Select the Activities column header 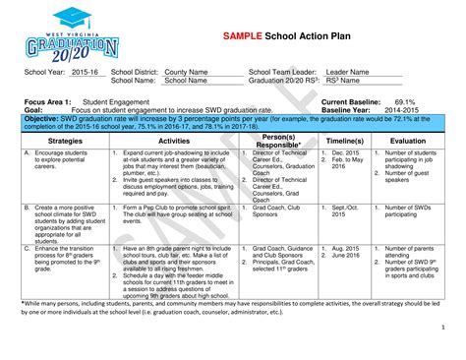click(165, 141)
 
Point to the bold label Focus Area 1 click(46, 101)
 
